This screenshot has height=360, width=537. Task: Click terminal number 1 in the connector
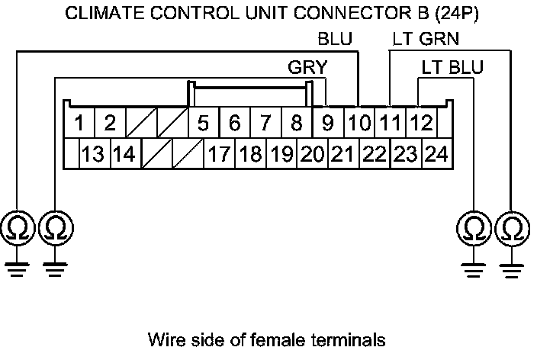click(x=79, y=123)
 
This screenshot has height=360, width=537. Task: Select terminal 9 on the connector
click(x=327, y=123)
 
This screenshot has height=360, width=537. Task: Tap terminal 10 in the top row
click(x=357, y=123)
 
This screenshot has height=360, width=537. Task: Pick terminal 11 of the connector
click(x=389, y=123)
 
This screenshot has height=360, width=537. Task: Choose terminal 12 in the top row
click(x=420, y=123)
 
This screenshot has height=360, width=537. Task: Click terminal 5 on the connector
click(x=203, y=123)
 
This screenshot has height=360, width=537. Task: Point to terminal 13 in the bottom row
click(x=93, y=155)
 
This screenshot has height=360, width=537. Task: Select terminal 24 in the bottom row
click(x=436, y=155)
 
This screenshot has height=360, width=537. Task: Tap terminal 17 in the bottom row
click(x=219, y=155)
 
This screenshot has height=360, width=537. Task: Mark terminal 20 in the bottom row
click(x=312, y=155)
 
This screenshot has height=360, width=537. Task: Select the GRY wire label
click(x=307, y=67)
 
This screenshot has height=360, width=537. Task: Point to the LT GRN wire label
click(x=426, y=38)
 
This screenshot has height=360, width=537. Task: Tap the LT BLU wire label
click(x=452, y=67)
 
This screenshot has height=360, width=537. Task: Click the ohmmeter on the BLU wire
click(x=16, y=227)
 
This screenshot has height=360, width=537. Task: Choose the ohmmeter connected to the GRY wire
click(x=56, y=227)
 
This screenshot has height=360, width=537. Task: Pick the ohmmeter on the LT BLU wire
click(x=474, y=227)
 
